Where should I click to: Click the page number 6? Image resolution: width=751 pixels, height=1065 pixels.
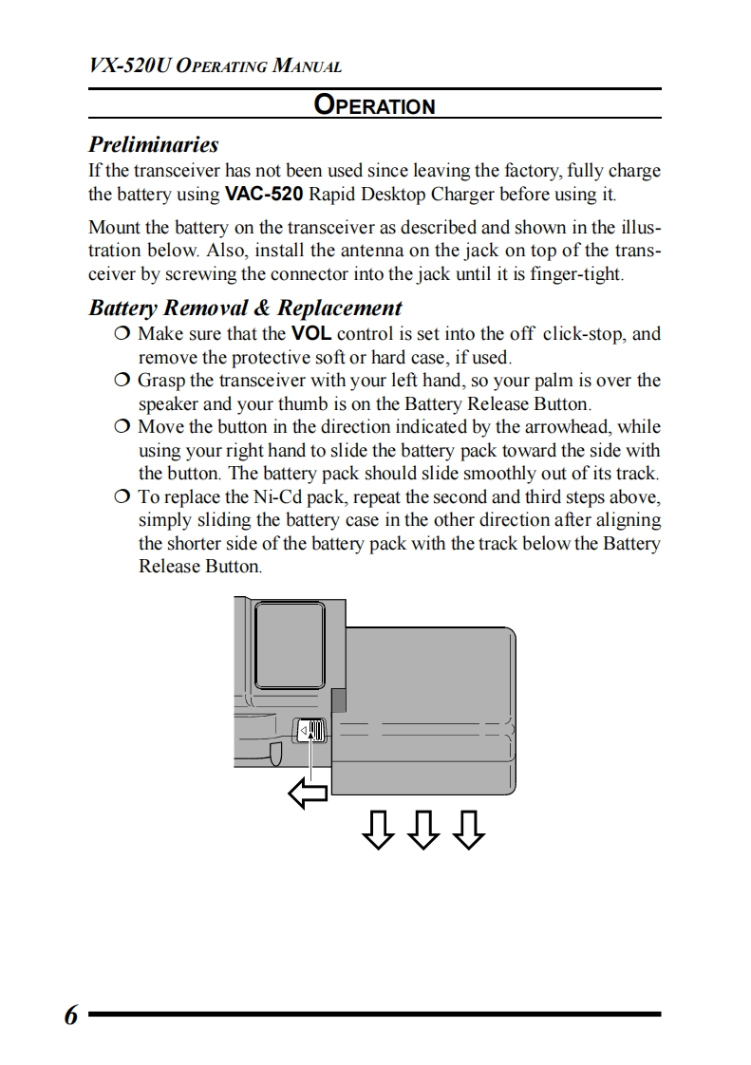71,1015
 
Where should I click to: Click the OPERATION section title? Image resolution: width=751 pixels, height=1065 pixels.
375,105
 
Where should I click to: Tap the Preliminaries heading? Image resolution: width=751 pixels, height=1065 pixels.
153,145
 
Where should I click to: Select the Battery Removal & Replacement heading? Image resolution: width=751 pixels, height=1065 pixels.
245,308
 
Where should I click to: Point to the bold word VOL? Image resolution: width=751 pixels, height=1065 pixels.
310,334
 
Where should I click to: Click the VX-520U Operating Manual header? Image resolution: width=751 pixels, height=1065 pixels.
215,66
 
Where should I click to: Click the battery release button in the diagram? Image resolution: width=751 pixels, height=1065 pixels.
312,731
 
